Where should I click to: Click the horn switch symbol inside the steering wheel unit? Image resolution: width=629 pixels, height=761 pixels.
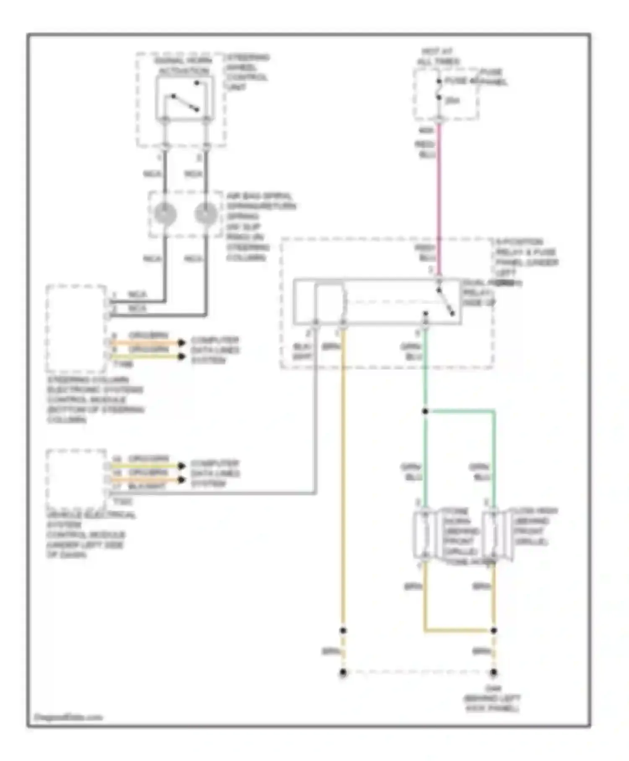185,102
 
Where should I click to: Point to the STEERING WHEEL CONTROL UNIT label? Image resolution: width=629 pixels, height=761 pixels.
247,72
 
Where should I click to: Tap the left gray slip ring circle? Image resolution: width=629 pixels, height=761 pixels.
165,214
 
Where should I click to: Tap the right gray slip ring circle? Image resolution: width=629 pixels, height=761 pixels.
205,214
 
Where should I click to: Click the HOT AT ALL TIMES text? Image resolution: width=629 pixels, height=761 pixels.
437,57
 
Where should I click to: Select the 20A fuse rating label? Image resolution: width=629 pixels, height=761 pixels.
452,101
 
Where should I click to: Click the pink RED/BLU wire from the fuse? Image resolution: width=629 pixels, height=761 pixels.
439,189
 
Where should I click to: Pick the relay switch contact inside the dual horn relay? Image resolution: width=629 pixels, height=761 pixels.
445,301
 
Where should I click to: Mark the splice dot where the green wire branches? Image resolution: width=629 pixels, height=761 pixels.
425,412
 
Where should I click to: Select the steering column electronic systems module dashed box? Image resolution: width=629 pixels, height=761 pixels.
76,328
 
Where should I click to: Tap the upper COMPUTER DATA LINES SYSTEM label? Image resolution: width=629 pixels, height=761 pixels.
215,350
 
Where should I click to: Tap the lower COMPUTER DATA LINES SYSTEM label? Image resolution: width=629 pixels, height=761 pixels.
215,473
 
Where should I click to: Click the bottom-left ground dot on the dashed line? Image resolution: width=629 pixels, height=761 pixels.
343,672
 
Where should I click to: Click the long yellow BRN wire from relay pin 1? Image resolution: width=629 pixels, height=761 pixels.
343,482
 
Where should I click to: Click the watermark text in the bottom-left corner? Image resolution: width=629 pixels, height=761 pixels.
68,717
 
